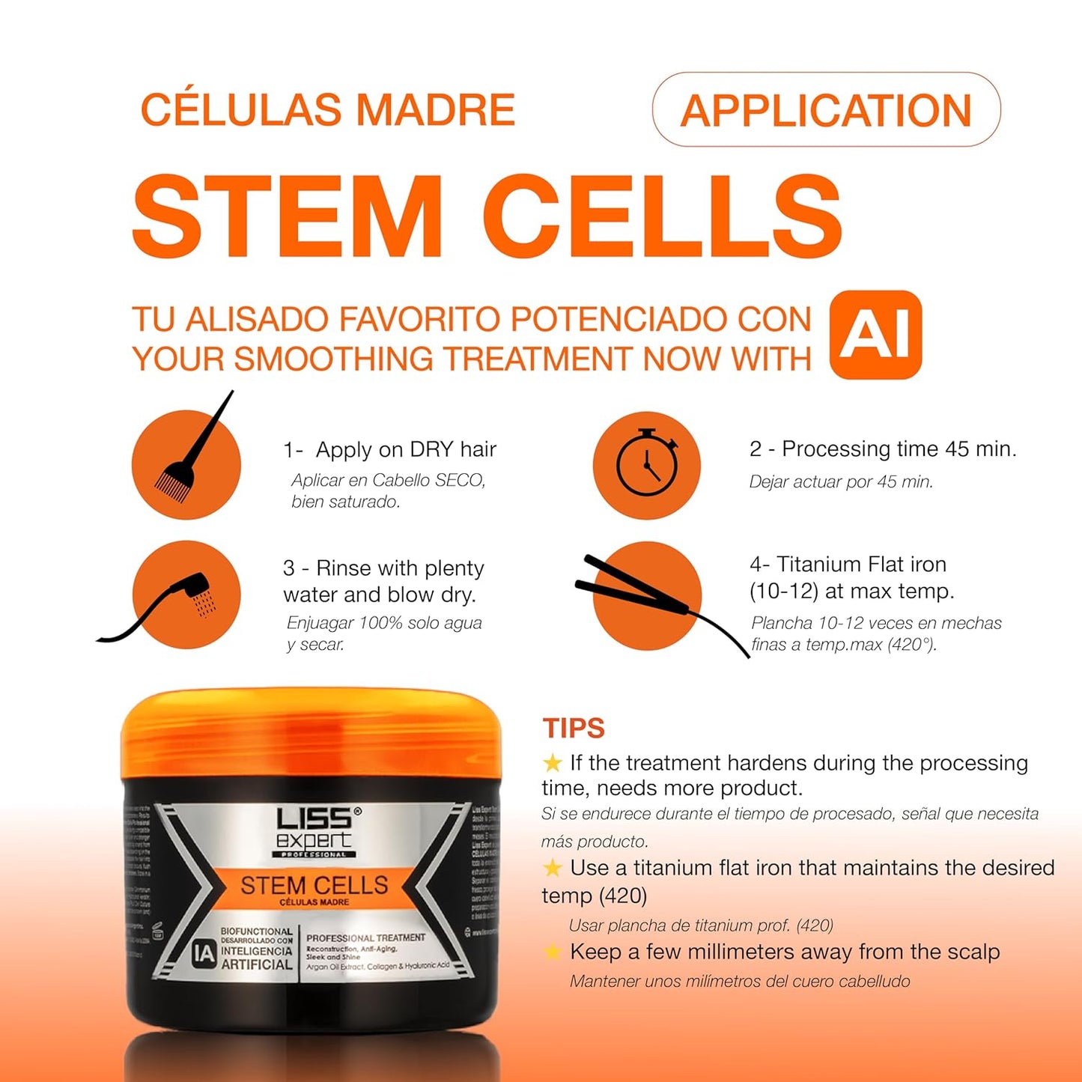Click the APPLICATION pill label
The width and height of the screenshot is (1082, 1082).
pos(826,110)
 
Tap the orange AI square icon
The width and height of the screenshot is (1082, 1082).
pos(875,335)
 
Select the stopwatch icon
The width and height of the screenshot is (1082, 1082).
pos(647,464)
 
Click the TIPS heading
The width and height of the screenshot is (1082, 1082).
pos(574,728)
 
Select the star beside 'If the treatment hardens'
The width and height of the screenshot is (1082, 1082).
pos(553,763)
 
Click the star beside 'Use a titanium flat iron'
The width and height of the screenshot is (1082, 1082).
pos(553,868)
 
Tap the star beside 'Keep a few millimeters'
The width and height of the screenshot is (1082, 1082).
pos(553,952)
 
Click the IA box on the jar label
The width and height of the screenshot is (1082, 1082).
pos(203,953)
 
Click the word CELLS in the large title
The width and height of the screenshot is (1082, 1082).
pos(663,216)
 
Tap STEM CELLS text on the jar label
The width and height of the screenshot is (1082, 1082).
pos(314,885)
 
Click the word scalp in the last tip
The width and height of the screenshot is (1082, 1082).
pos(974,952)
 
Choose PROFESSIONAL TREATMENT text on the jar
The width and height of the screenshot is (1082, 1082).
pos(365,937)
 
